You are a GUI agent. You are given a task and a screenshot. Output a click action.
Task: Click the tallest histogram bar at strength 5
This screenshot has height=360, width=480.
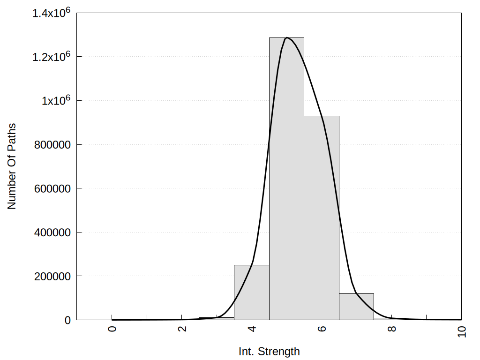click(286, 178)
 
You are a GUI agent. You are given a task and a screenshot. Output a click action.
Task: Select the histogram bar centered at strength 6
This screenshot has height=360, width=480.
click(322, 218)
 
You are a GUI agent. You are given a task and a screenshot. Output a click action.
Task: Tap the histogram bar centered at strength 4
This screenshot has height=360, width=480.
click(251, 292)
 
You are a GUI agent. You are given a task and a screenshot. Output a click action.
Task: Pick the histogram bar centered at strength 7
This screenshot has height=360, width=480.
click(356, 307)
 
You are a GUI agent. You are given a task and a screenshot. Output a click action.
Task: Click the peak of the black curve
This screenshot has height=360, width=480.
click(287, 37)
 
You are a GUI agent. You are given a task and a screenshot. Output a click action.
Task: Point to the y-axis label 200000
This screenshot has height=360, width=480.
click(52, 277)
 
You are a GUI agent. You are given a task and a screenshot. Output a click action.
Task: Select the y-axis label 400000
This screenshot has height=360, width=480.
click(52, 232)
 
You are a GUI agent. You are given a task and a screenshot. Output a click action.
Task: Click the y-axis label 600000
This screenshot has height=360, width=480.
click(52, 188)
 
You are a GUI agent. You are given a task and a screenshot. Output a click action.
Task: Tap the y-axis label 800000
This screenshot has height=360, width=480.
click(52, 145)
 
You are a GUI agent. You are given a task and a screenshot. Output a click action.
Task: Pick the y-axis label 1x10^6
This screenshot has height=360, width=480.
click(55, 100)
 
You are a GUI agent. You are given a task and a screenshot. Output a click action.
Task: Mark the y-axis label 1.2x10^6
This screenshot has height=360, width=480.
click(52, 56)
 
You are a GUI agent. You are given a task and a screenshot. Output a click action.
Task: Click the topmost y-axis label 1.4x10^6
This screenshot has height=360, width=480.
click(52, 13)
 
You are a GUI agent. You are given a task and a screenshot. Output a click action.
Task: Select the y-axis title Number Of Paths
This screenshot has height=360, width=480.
click(12, 166)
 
